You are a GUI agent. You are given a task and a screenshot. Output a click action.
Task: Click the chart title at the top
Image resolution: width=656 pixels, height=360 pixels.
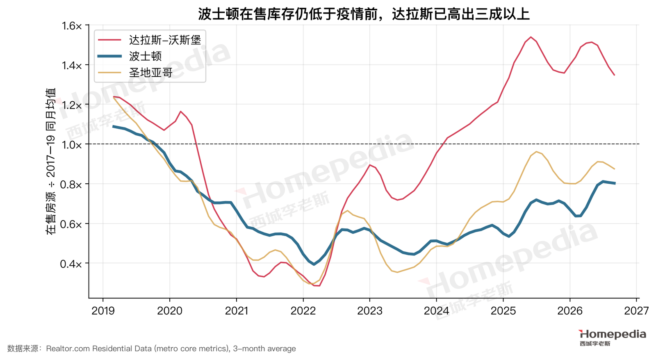[x=364, y=14]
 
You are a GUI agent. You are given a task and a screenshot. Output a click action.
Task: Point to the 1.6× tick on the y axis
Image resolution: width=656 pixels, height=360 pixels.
[x=72, y=26]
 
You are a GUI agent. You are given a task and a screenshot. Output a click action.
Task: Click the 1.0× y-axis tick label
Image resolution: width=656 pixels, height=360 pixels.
[x=72, y=145]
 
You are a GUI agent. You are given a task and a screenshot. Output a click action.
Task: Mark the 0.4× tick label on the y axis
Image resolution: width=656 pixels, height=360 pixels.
[x=71, y=264]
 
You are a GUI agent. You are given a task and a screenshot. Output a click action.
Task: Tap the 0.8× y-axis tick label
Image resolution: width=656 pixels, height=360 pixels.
[x=71, y=185]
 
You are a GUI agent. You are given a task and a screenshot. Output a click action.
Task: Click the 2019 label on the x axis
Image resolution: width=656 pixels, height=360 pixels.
[x=103, y=310]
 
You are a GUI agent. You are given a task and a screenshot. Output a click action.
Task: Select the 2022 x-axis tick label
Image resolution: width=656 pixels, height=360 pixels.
[x=303, y=310]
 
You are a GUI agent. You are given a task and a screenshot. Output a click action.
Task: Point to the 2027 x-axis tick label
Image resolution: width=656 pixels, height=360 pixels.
[x=636, y=310]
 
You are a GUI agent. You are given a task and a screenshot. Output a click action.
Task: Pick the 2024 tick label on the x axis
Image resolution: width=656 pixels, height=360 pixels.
[x=436, y=310]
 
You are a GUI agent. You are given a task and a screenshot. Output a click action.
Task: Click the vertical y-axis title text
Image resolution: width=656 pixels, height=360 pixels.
[x=50, y=162]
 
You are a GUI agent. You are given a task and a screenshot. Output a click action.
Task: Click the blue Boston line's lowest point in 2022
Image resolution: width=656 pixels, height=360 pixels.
[x=314, y=264]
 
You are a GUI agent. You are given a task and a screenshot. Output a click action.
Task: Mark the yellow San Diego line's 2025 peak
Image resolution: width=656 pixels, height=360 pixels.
[x=536, y=151]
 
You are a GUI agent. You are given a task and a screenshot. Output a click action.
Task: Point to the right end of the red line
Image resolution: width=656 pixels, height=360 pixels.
[x=615, y=75]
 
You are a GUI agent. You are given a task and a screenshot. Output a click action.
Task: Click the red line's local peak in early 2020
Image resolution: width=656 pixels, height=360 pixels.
[x=180, y=111]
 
